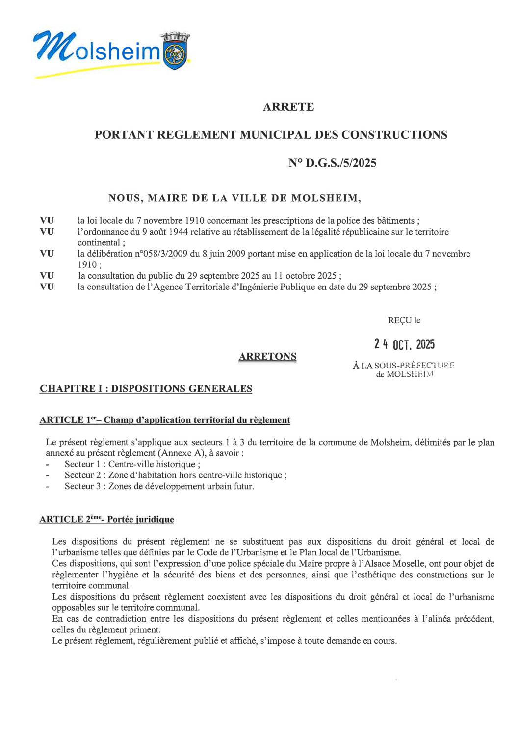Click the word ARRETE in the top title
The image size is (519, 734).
point(288,107)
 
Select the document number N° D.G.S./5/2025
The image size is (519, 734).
point(332,163)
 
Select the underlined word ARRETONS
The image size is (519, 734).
point(267,357)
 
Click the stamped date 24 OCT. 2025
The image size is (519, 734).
point(404,344)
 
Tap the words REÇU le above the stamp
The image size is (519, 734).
point(404,320)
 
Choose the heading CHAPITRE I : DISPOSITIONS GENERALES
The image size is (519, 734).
point(146,389)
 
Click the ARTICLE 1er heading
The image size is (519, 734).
point(165,420)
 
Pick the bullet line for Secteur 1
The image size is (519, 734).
point(132,464)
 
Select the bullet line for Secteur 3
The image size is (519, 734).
point(159,486)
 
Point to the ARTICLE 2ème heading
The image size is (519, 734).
point(106,519)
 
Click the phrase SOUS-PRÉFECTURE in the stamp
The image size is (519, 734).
point(414,366)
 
